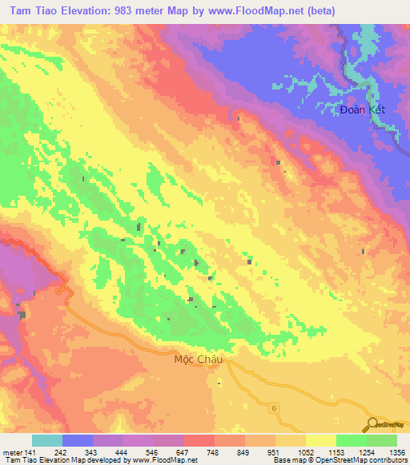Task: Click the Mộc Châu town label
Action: pos(196,360)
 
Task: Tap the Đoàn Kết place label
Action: pos(362,109)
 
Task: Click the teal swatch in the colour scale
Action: pos(47,440)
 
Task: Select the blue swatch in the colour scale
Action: pos(78,440)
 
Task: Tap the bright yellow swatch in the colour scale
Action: pos(321,440)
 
